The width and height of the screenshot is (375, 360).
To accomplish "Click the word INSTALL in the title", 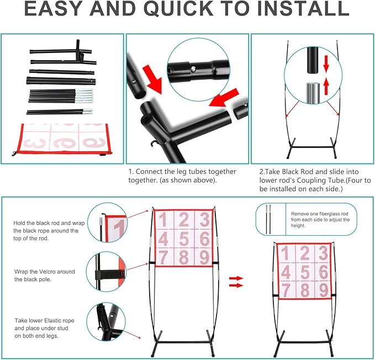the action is coord(303,8).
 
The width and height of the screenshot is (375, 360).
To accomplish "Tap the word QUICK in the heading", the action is coord(178,9).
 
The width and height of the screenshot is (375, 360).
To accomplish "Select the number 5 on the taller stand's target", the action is coord(184,239).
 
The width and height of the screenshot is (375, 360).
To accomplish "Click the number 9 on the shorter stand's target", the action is coord(323,290).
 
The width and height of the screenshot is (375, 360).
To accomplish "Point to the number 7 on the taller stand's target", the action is coord(163,257).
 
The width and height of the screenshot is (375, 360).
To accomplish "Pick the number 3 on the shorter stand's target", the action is coord(323,253).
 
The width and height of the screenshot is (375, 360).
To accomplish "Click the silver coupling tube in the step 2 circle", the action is coord(313,93).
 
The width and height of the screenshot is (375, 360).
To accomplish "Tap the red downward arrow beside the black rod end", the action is coord(326,63).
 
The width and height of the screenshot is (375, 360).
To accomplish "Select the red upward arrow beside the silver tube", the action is coord(326,87).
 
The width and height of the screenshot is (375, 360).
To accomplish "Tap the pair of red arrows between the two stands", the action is coord(236,282).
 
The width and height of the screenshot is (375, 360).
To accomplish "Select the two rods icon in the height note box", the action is coord(268,219).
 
